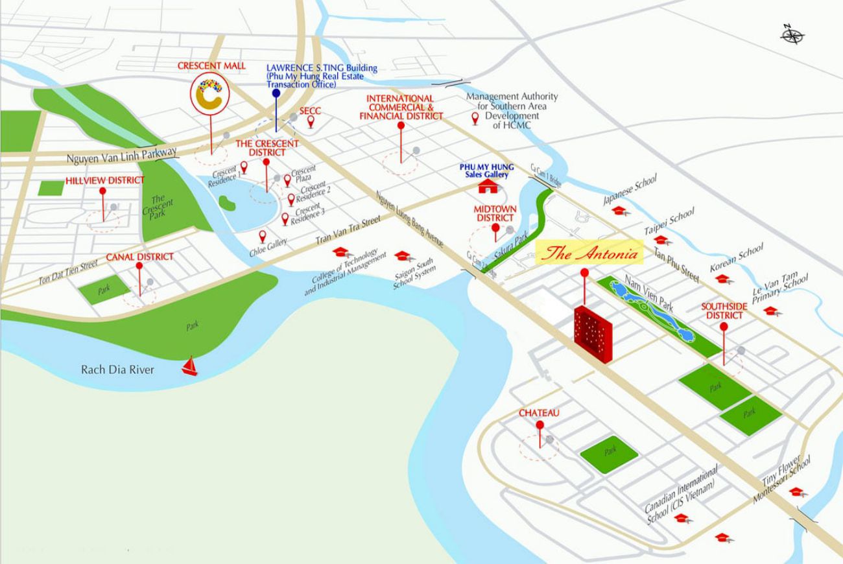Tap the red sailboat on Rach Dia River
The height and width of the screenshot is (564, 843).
(189, 366)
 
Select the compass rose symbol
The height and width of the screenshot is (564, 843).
(792, 34)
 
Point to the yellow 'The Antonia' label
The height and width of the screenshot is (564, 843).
(590, 253)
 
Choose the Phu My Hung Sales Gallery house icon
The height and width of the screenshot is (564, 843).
(486, 187)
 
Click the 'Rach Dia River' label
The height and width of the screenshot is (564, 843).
(117, 370)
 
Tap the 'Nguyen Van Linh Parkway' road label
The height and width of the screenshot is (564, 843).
(121, 156)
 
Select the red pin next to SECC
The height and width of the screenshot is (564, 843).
(311, 121)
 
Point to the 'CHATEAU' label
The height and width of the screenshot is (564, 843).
(539, 413)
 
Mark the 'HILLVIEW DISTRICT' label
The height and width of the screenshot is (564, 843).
(104, 180)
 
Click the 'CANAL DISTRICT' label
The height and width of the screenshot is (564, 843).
(139, 257)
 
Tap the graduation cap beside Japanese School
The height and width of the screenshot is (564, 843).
(619, 211)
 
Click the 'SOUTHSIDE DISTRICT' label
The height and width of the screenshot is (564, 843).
(724, 311)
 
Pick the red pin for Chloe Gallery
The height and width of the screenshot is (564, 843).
(263, 236)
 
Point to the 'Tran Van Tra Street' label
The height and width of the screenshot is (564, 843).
(348, 231)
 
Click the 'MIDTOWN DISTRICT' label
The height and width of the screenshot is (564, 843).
(495, 213)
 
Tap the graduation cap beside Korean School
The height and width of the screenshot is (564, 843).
(722, 279)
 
